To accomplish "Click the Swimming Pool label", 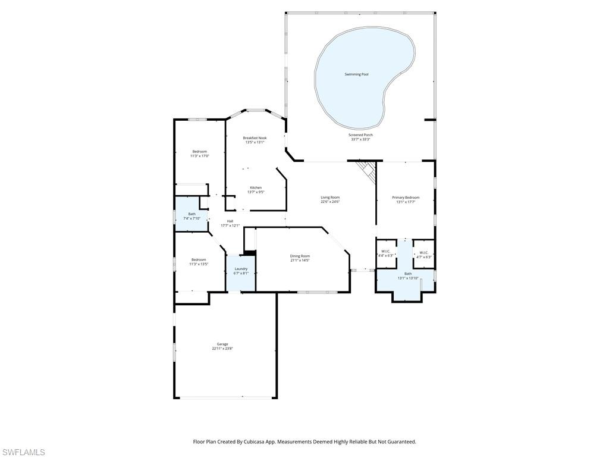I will (356, 74).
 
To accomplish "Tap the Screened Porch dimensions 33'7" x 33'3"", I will (360, 139).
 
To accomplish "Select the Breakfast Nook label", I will (255, 137).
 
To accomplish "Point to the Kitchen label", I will (256, 187).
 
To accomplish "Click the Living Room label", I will (330, 197).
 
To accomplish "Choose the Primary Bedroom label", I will (406, 197).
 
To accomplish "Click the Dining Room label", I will (300, 256).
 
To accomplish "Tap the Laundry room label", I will (241, 268).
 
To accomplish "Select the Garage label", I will (222, 344).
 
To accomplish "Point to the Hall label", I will (230, 221).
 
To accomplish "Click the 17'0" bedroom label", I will (199, 151).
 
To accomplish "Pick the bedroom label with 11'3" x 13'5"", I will (199, 259).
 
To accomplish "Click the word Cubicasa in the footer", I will (260, 442).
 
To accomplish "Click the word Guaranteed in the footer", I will (401, 442).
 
